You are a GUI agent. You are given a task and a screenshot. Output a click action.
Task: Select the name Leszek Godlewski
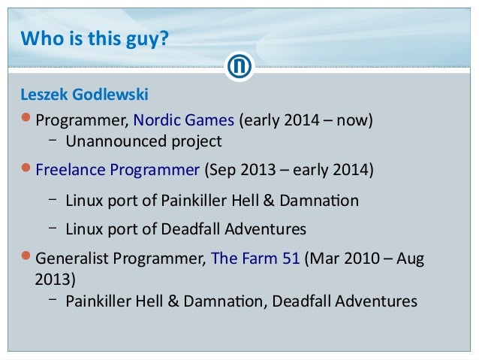click(x=84, y=95)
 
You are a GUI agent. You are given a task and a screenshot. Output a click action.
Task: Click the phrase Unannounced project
click(x=143, y=141)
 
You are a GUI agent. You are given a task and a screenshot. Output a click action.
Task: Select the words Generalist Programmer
click(x=119, y=258)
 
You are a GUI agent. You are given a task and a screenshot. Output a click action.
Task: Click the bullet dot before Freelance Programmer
click(x=27, y=167)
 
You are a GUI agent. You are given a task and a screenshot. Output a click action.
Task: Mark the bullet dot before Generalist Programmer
click(x=27, y=257)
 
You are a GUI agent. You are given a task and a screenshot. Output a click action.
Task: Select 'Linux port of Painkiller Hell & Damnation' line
click(x=212, y=201)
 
